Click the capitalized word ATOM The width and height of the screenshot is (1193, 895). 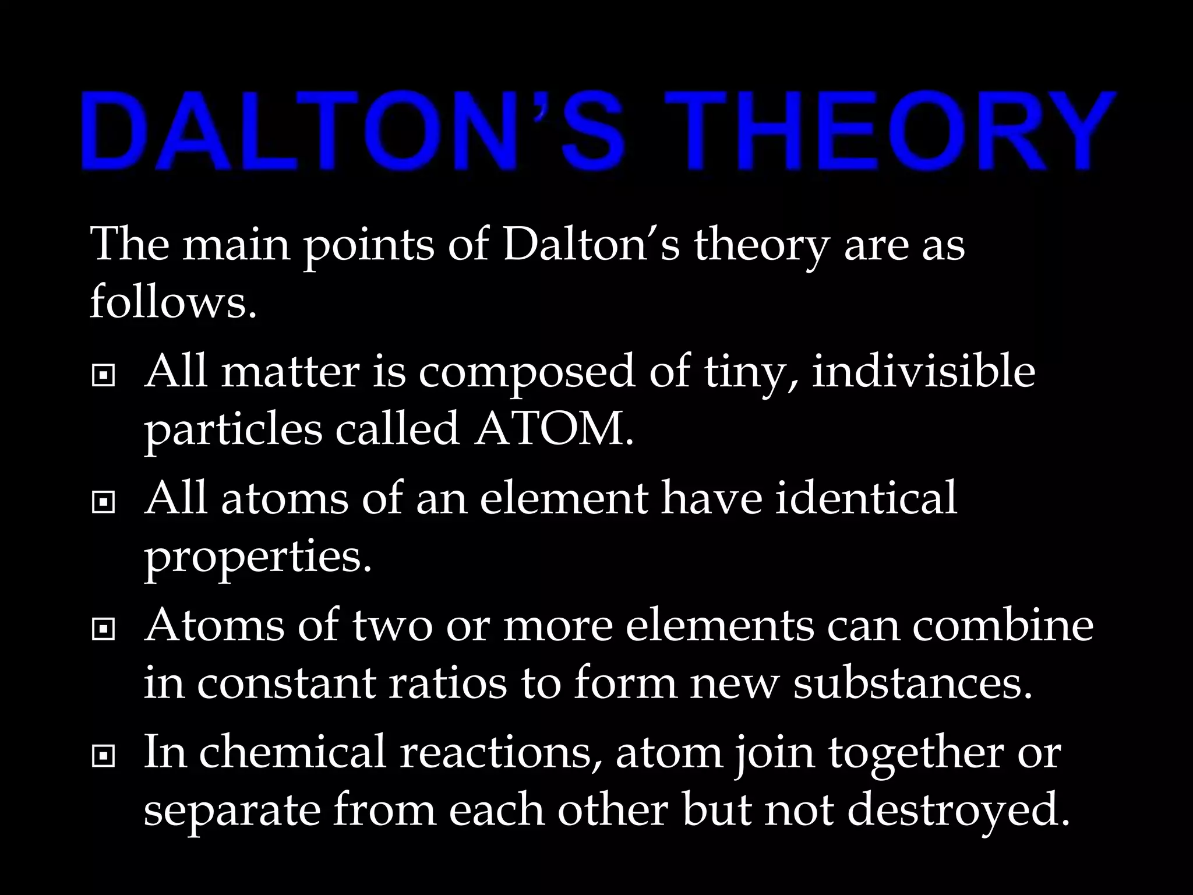tap(553, 429)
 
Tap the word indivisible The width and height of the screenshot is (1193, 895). tap(923, 372)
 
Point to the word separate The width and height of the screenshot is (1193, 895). tap(232, 811)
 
